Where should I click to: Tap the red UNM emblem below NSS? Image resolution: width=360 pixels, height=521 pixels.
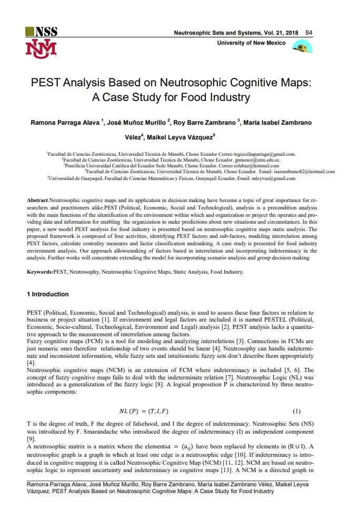(39, 48)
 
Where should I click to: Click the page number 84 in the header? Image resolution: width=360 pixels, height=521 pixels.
(309, 33)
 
